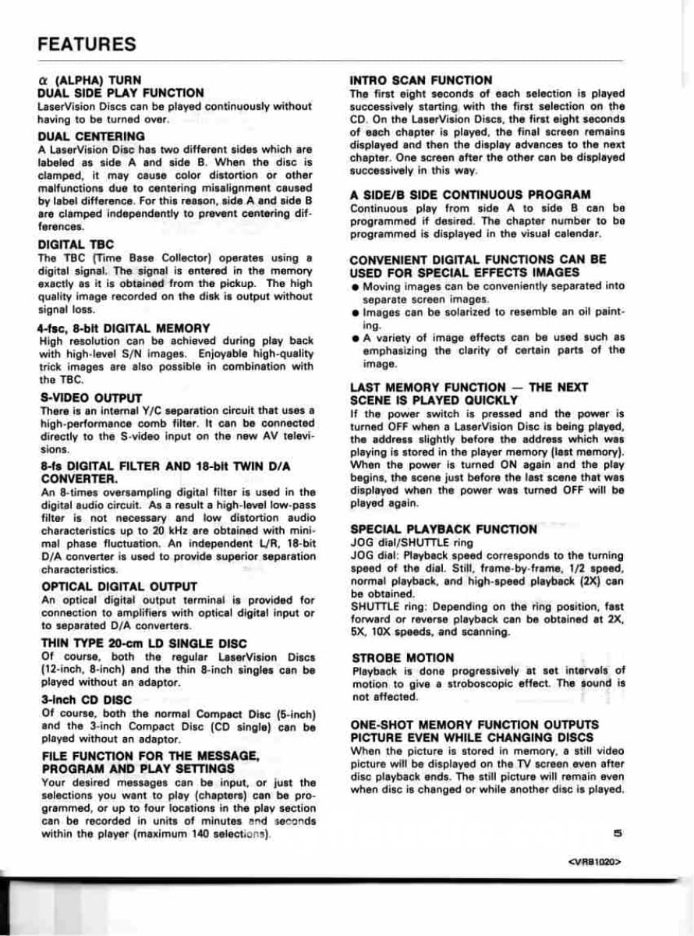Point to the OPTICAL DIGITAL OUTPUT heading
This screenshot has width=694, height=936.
(119, 587)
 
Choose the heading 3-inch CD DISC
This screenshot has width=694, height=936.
(86, 700)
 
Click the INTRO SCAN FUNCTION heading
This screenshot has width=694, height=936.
(421, 80)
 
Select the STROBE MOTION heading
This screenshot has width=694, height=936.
(402, 658)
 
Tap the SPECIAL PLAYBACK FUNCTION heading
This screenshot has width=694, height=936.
(444, 529)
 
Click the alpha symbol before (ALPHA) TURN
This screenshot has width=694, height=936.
(43, 80)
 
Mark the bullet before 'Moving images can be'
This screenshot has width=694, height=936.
(355, 287)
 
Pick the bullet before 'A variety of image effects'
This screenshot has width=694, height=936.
(355, 338)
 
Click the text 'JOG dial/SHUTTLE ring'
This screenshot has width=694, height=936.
(412, 542)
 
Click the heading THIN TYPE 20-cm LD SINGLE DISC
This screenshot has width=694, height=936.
(143, 643)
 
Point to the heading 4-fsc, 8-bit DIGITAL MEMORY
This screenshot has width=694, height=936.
(123, 328)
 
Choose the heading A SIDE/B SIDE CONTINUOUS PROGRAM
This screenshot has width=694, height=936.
(470, 194)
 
